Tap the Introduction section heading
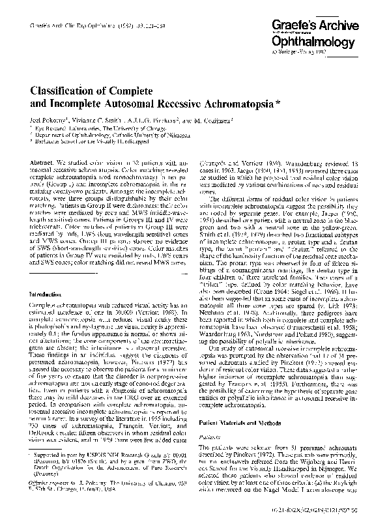tap(51, 295)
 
